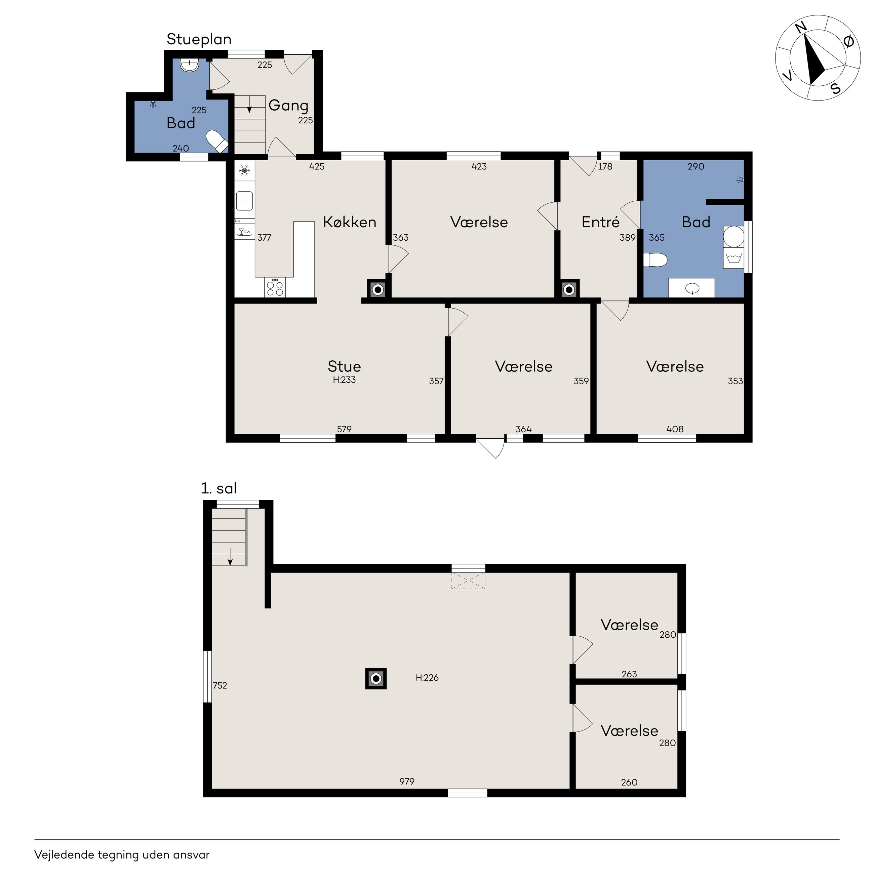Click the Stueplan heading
[x=199, y=40]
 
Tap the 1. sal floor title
[x=219, y=488]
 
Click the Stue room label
[x=344, y=366]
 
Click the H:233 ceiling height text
[x=344, y=380]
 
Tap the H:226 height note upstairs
[x=427, y=678]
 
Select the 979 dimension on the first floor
[x=407, y=781]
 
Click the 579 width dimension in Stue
[x=344, y=429]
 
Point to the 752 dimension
[x=220, y=685]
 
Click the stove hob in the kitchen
[x=275, y=288]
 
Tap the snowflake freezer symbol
[x=244, y=170]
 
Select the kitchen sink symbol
[x=244, y=201]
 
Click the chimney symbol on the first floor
[x=376, y=679]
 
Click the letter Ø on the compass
[x=849, y=42]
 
